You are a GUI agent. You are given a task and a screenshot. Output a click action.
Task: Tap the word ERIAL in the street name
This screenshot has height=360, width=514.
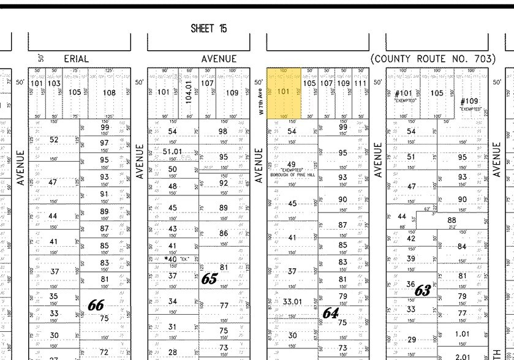tap(77, 59)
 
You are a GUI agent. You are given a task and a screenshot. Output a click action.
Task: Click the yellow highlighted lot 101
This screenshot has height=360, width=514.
tap(283, 92)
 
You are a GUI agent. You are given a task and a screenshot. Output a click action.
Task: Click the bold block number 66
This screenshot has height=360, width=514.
tap(96, 304)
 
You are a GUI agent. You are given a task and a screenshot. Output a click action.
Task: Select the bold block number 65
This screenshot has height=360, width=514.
tap(210, 279)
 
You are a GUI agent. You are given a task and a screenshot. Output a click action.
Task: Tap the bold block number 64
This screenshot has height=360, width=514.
tap(331, 313)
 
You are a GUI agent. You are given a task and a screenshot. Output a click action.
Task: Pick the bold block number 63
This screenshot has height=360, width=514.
tap(423, 290)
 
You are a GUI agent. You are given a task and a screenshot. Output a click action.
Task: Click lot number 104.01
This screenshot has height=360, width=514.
tap(189, 92)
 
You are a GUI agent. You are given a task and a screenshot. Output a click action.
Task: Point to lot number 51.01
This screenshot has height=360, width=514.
tap(172, 151)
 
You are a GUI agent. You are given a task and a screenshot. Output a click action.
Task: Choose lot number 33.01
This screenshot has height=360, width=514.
tap(292, 301)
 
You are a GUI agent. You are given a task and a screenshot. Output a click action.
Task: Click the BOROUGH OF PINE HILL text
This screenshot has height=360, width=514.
tap(292, 174)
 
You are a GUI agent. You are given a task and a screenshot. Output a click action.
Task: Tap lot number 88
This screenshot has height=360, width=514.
tap(452, 220)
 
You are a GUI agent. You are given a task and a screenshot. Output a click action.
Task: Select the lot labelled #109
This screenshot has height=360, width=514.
tap(471, 101)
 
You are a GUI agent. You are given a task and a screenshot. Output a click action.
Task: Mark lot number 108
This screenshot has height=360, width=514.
tap(109, 92)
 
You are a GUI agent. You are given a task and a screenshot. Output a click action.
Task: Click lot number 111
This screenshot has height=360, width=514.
tap(360, 83)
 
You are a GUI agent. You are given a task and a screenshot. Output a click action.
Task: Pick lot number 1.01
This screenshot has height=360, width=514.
tap(463, 334)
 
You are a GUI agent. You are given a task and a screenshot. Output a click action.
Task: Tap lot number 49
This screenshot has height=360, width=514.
tap(292, 165)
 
